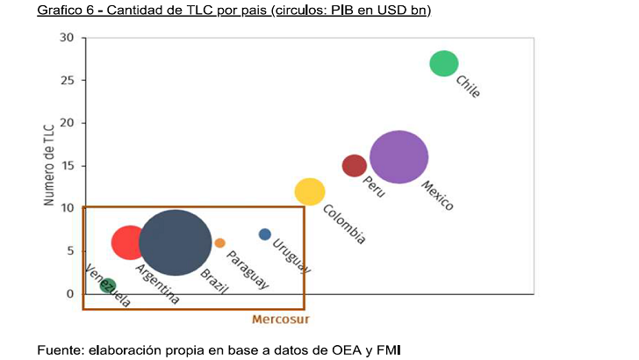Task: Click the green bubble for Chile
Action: pyautogui.click(x=444, y=63)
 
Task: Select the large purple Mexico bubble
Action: pyautogui.click(x=399, y=157)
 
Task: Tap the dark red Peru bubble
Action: pyautogui.click(x=355, y=165)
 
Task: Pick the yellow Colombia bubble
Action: pyautogui.click(x=310, y=191)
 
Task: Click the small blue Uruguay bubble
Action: pyautogui.click(x=265, y=234)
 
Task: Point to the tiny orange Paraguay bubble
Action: pyautogui.click(x=220, y=242)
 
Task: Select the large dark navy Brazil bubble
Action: pyautogui.click(x=176, y=242)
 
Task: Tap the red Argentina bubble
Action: pyautogui.click(x=130, y=242)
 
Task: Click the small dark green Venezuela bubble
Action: pyautogui.click(x=108, y=285)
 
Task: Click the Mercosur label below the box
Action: pyautogui.click(x=281, y=319)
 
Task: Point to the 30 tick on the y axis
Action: pyautogui.click(x=68, y=38)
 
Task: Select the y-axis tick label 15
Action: pyautogui.click(x=68, y=166)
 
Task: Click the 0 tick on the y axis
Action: pyautogui.click(x=71, y=293)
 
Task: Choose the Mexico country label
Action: pyautogui.click(x=437, y=196)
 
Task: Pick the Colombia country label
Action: pyautogui.click(x=344, y=224)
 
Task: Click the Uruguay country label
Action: pyautogui.click(x=291, y=256)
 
